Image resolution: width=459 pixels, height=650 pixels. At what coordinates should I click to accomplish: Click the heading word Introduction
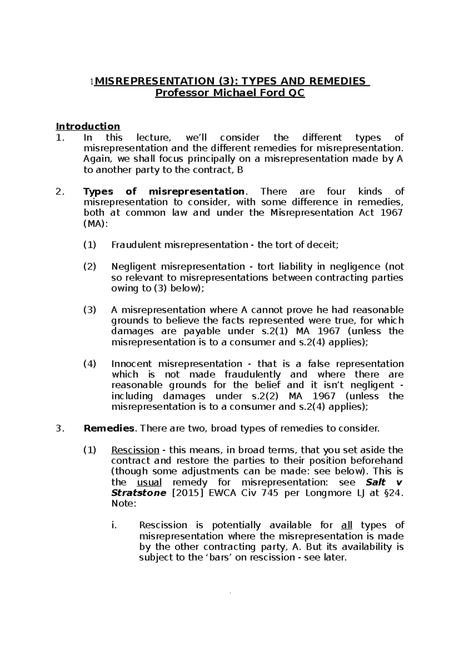tap(88, 126)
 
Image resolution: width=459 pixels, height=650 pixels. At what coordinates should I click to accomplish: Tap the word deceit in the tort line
tap(325, 245)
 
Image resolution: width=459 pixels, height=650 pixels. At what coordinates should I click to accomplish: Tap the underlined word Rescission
tap(135, 450)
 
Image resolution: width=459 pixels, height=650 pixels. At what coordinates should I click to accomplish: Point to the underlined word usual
tap(149, 482)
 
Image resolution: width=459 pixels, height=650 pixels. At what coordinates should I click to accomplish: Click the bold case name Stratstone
tap(138, 493)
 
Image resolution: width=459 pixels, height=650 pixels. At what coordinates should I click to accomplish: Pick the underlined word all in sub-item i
tap(346, 525)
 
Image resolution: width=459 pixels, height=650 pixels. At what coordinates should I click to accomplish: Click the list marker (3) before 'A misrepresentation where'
tap(90, 310)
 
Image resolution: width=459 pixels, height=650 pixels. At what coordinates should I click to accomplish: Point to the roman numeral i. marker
tap(114, 525)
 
